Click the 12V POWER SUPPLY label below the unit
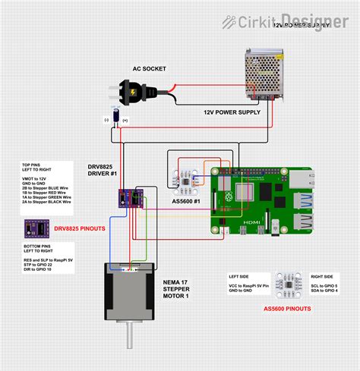click(232, 112)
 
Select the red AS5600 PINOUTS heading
click(286, 309)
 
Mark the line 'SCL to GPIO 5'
click(326, 287)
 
